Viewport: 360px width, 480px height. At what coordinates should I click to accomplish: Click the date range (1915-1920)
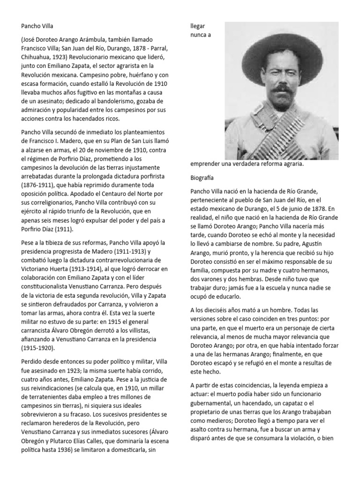39,348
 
